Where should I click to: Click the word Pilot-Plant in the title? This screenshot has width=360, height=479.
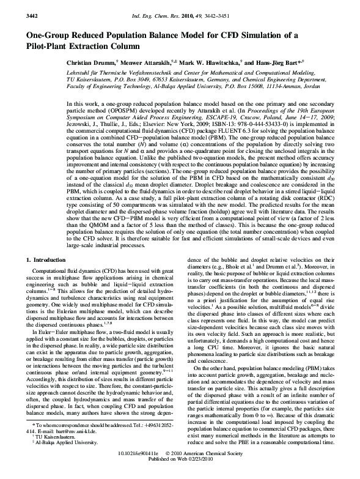pos(44,46)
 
